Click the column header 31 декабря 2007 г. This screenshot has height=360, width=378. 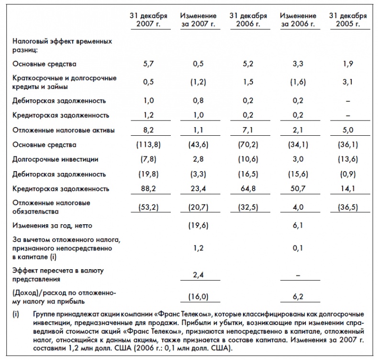tap(148, 20)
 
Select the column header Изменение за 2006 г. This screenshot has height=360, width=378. tap(298, 20)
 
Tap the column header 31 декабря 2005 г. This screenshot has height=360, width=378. tap(348, 20)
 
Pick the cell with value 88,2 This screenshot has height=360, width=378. tap(148, 188)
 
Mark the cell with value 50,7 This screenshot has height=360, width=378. tap(298, 188)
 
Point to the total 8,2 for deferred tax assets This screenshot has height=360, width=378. tap(148, 130)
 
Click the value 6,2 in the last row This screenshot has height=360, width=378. tap(298, 297)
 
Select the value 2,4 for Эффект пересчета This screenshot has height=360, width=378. tap(198, 275)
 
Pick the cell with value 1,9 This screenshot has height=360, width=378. tap(348, 64)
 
